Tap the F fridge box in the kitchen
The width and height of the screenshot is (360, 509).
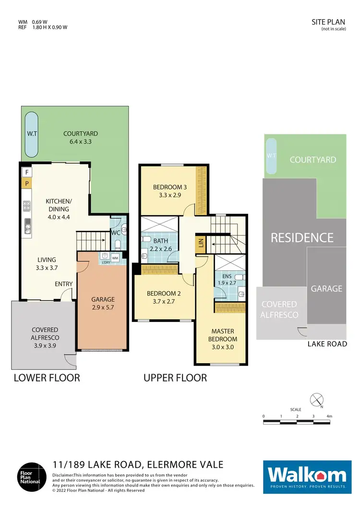pyautogui.click(x=27, y=172)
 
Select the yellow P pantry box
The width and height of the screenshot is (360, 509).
pyautogui.click(x=27, y=183)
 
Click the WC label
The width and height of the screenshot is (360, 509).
pyautogui.click(x=115, y=233)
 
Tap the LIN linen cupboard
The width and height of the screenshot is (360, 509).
pyautogui.click(x=200, y=244)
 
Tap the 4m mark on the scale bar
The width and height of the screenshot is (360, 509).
pyautogui.click(x=329, y=416)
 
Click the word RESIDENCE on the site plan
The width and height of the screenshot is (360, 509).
pyautogui.click(x=302, y=237)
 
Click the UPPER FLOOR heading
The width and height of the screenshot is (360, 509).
pyautogui.click(x=175, y=378)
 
